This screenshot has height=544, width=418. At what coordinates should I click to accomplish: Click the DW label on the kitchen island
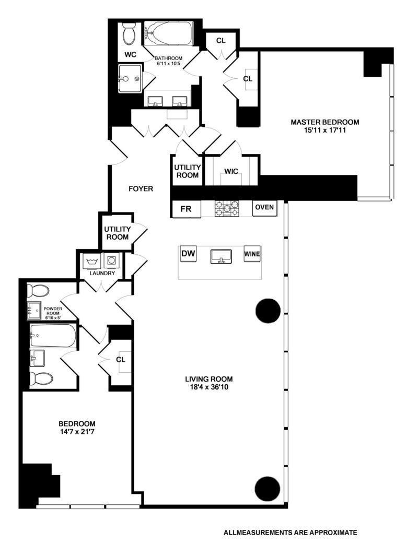click(188, 254)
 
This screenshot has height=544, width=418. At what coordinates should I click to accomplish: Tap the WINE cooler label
click(252, 254)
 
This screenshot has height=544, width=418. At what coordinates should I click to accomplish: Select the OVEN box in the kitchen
click(264, 208)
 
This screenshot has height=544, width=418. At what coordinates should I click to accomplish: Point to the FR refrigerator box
click(187, 209)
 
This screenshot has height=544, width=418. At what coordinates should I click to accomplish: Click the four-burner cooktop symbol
click(227, 209)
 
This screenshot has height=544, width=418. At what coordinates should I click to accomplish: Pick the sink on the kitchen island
click(221, 256)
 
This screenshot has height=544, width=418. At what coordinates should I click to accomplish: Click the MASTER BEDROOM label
click(325, 122)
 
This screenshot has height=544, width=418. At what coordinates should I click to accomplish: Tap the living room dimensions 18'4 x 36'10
click(209, 388)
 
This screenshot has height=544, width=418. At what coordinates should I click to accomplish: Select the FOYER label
click(141, 189)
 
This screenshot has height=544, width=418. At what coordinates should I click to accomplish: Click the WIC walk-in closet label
click(231, 171)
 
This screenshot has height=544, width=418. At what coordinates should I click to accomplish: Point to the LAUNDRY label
click(100, 273)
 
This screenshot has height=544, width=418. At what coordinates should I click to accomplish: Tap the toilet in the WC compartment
click(129, 34)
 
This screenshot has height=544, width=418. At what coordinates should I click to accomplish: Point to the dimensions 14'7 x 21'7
click(77, 432)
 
